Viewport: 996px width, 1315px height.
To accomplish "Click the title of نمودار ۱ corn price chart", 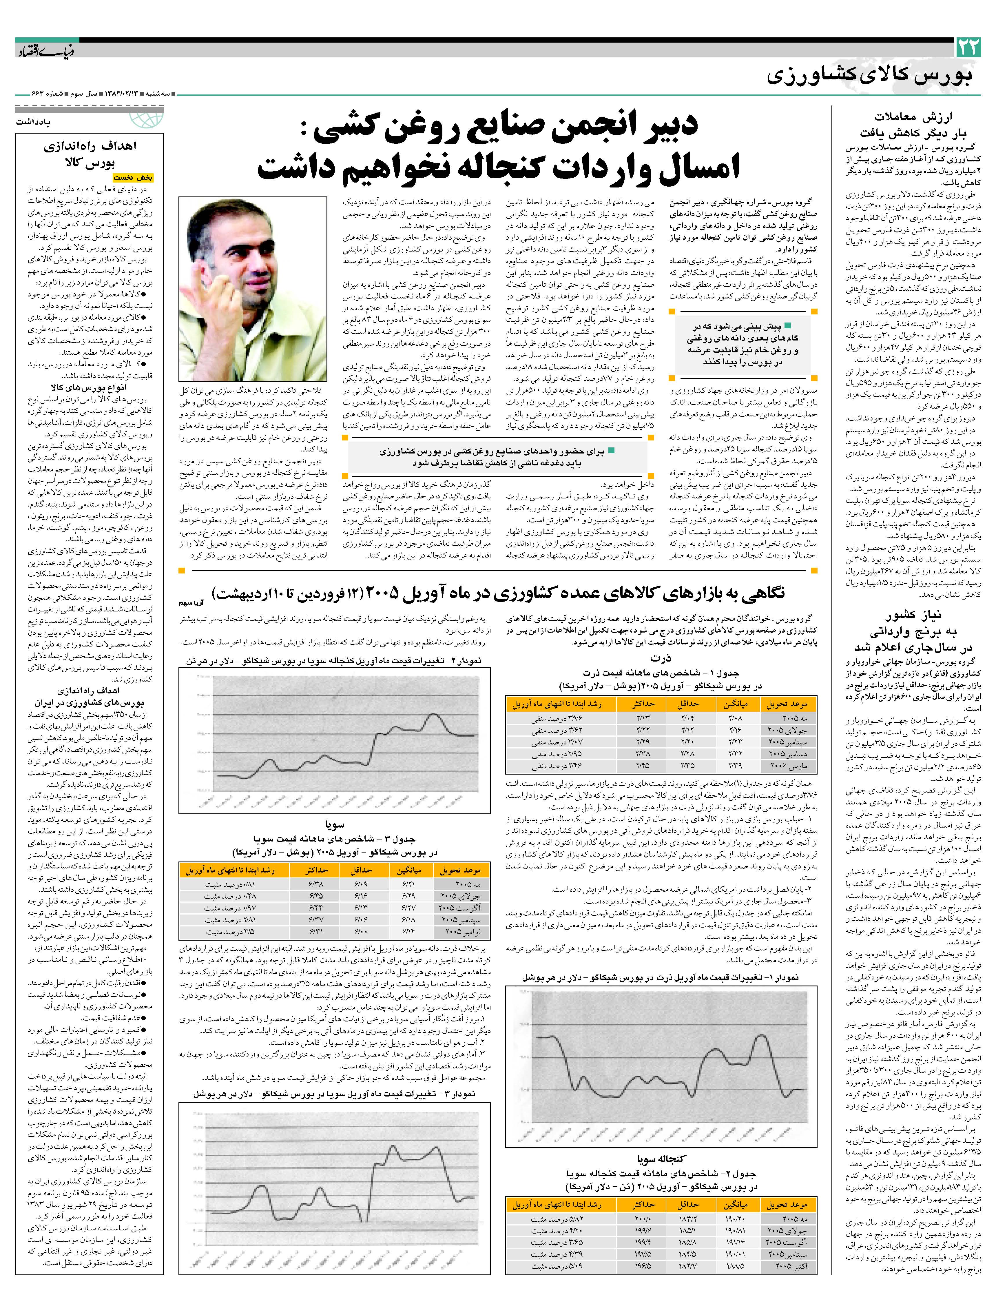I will coord(661,977).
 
